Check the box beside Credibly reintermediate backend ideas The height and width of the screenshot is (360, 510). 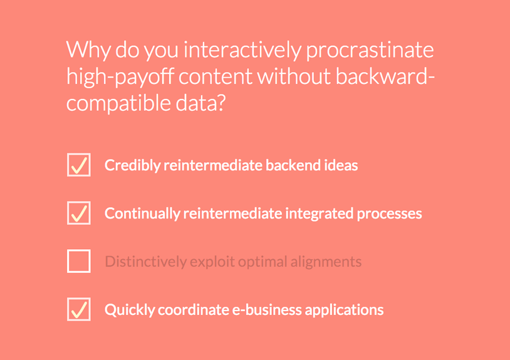pyautogui.click(x=79, y=165)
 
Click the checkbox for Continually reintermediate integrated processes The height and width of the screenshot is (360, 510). pyautogui.click(x=79, y=213)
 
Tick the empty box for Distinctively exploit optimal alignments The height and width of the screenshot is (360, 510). pyautogui.click(x=79, y=261)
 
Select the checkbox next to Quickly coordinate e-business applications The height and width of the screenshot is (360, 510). pyautogui.click(x=79, y=309)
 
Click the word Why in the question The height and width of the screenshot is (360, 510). pyautogui.click(x=88, y=50)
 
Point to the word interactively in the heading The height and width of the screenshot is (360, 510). pyautogui.click(x=242, y=50)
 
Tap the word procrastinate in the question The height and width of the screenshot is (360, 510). pyautogui.click(x=370, y=50)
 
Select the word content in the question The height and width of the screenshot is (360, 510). pyautogui.click(x=216, y=76)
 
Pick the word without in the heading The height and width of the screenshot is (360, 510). pyautogui.click(x=293, y=76)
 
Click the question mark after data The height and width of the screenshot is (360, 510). pyautogui.click(x=221, y=103)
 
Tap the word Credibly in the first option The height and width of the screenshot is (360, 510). pyautogui.click(x=132, y=166)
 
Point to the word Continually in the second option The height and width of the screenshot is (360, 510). pyautogui.click(x=142, y=213)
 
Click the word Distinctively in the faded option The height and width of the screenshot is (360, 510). pyautogui.click(x=146, y=262)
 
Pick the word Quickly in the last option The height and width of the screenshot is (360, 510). pyautogui.click(x=130, y=310)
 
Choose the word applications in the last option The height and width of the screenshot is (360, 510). pyautogui.click(x=345, y=310)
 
